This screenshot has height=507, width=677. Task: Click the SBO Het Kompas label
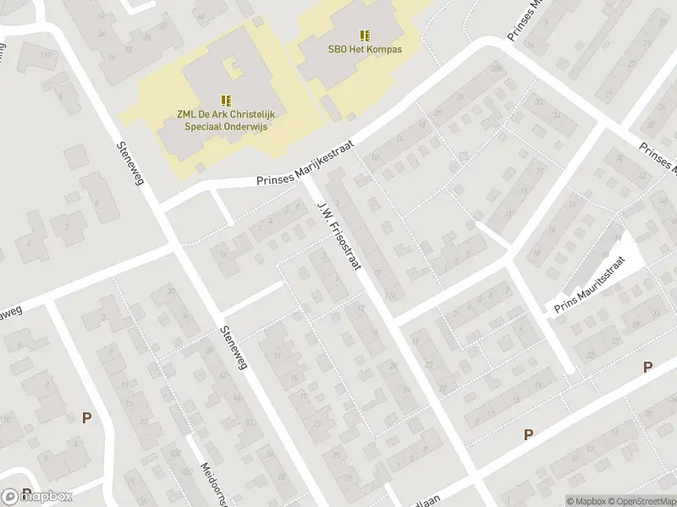click(x=365, y=49)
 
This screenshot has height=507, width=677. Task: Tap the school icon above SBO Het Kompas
click(x=365, y=35)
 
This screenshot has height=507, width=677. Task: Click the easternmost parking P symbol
click(x=647, y=367)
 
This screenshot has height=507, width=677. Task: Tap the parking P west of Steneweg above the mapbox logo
click(x=85, y=417)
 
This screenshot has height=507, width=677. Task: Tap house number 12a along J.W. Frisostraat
click(x=390, y=296)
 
